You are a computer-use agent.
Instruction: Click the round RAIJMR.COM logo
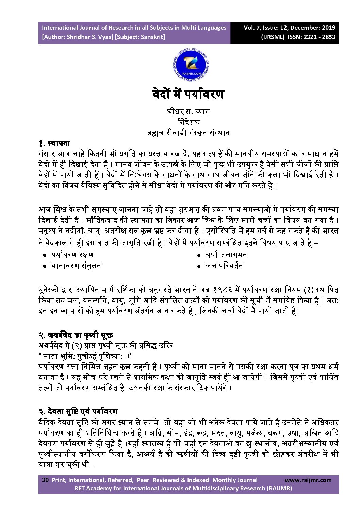pos(191,65)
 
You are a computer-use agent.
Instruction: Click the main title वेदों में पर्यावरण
pos(188,94)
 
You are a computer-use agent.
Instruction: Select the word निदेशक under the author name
pos(189,122)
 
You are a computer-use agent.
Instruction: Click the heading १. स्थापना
pos(54,143)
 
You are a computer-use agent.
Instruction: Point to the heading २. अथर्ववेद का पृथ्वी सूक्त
pos(76,335)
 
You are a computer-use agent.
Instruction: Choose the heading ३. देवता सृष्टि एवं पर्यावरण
pos(78,412)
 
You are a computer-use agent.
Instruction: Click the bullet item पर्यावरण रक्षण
pos(72,255)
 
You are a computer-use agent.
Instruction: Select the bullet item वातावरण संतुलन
pos(76,266)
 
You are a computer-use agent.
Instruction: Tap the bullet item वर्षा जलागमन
pos(226,255)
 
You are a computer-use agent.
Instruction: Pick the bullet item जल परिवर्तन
pos(224,266)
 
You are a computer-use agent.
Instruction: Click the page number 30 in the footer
pos(45,480)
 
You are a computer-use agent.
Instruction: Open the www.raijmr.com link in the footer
pos(308,480)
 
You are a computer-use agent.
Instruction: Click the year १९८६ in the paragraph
pos(223,290)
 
